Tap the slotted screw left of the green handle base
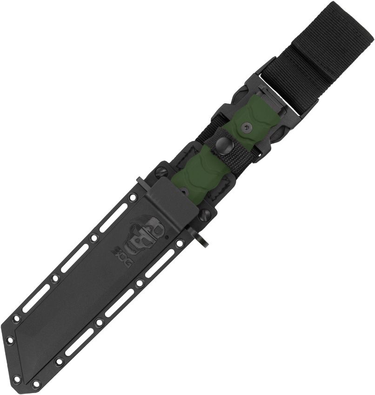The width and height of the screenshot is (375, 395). [x=163, y=171]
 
